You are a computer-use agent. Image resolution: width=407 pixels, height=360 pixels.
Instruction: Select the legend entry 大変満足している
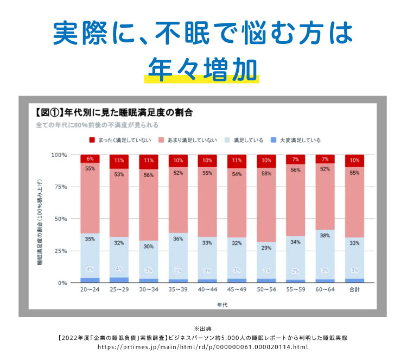(x=296, y=140)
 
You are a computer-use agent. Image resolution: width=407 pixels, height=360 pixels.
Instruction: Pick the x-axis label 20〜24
(x=90, y=290)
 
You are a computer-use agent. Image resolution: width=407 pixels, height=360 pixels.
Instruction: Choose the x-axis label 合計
(x=354, y=290)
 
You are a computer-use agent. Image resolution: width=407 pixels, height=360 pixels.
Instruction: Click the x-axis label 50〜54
(x=266, y=290)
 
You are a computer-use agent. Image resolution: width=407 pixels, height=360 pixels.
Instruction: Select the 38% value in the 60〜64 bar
(x=325, y=236)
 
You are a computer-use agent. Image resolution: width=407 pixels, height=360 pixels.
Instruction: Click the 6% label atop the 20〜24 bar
(x=90, y=159)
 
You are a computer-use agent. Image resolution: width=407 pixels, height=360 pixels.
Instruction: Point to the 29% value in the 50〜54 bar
(x=266, y=248)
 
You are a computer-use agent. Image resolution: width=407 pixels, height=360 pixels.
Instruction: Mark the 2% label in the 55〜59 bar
(x=295, y=270)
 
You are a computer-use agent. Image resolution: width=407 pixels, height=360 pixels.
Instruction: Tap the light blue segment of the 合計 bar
(x=354, y=255)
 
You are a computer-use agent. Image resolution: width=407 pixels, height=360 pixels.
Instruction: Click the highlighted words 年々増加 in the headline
(x=203, y=67)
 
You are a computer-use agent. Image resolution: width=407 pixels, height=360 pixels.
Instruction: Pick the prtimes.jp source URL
(x=203, y=347)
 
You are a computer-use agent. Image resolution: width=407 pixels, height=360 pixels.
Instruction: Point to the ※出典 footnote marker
(x=203, y=329)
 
